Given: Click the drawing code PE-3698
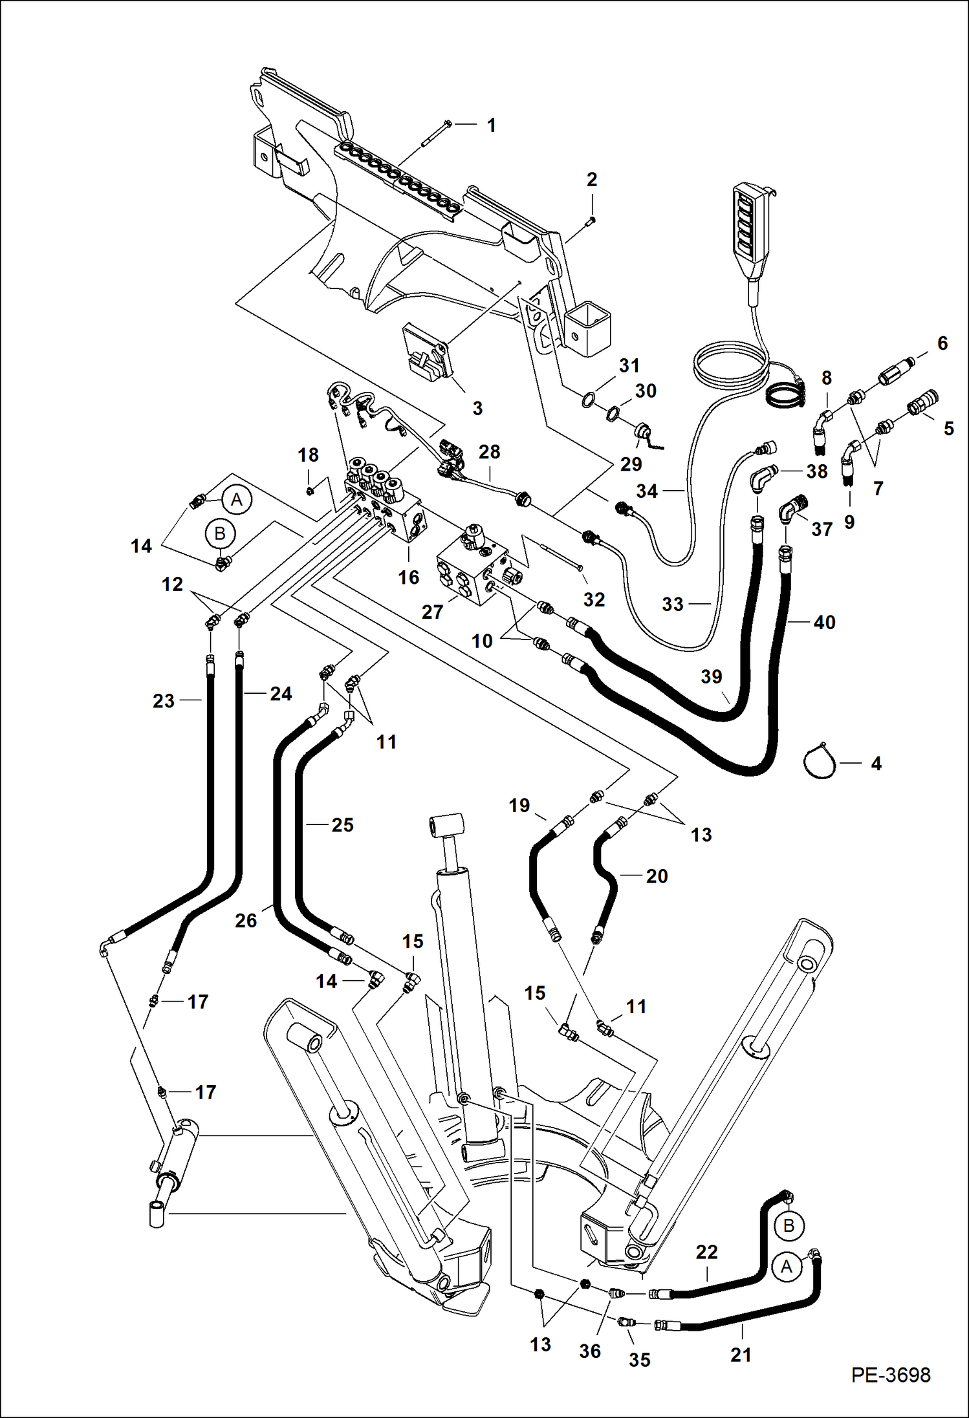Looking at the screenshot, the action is click(891, 1375).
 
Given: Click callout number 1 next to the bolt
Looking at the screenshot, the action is click(492, 125).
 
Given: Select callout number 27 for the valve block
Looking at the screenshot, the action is click(432, 612).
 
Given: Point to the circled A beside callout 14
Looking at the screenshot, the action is click(237, 500).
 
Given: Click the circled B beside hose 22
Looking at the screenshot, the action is click(789, 1227).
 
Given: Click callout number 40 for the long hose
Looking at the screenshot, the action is click(824, 622).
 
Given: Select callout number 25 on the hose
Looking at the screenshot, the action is click(342, 824).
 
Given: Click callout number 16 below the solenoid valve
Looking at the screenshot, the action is click(408, 577).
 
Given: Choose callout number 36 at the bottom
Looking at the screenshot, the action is click(589, 1351).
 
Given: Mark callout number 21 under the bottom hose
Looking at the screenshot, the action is click(741, 1354).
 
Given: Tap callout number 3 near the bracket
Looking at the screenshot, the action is click(477, 408).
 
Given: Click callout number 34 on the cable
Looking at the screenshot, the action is click(647, 491).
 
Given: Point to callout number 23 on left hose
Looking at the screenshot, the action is click(164, 701).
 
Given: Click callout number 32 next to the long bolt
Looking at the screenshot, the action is click(594, 599).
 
